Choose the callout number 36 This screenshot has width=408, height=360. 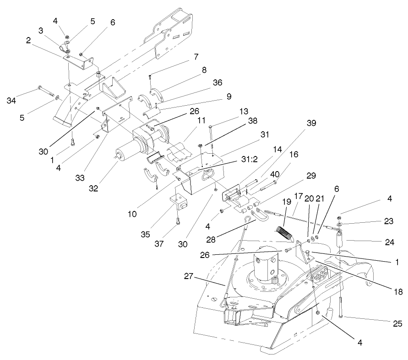217,83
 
